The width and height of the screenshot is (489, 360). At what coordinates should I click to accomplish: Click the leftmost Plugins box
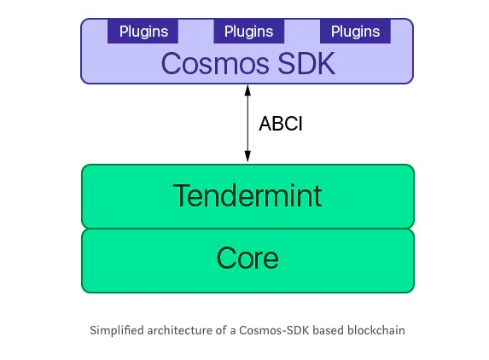point(143,32)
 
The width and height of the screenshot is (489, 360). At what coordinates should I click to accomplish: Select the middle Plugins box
point(249,32)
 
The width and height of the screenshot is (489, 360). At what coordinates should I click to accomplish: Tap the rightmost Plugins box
point(355,32)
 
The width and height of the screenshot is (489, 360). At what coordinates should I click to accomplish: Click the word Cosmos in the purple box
point(215,64)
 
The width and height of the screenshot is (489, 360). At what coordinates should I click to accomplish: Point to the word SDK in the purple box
point(306,64)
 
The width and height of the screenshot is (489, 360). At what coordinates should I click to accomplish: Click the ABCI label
point(281,124)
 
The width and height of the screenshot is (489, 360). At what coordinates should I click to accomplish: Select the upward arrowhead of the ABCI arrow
point(247,90)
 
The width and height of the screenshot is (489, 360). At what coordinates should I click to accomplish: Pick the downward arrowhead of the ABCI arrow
point(247,156)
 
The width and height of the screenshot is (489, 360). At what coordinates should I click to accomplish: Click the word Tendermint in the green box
point(247,195)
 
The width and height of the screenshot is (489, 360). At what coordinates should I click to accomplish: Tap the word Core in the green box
point(247,258)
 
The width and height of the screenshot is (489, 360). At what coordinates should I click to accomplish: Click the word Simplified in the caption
point(117,330)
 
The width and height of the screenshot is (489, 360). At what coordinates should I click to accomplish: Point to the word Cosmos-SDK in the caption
point(274,330)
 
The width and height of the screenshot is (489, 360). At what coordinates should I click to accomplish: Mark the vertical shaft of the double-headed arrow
point(247,124)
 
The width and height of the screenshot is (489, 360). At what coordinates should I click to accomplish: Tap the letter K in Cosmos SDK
point(326,64)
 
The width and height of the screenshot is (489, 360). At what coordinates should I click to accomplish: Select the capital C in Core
point(226,258)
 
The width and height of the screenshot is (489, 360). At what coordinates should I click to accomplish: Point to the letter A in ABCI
point(265,124)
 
